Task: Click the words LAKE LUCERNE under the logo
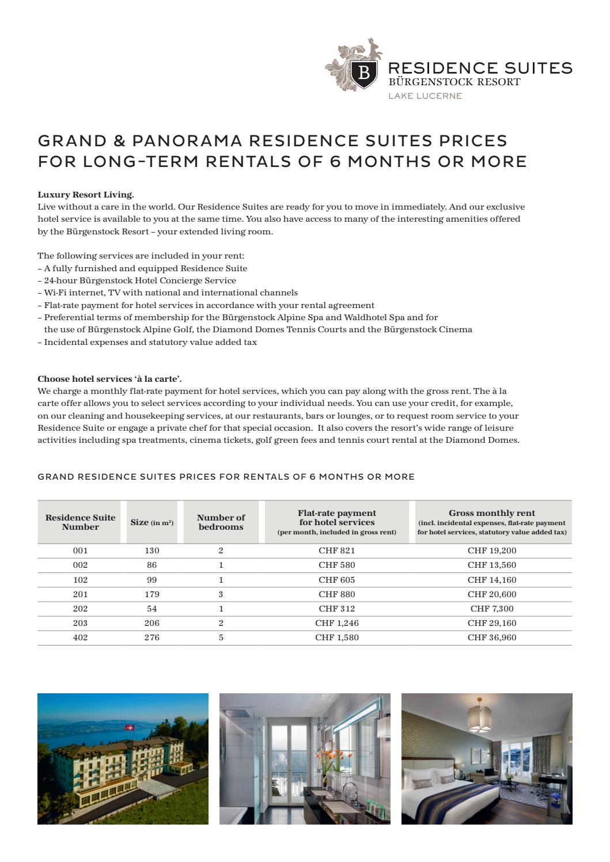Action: coord(425,96)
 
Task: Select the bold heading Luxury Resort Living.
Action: coord(85,195)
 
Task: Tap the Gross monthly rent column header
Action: coord(491,512)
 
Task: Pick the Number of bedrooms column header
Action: coord(221,522)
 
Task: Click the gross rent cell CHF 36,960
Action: coord(491,637)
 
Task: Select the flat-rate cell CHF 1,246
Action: coord(336,623)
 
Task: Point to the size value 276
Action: coord(151,637)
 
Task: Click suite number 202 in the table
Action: coord(80,609)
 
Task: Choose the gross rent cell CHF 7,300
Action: coord(491,609)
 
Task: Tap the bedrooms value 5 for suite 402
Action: coord(221,637)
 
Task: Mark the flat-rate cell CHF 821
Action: coord(336,550)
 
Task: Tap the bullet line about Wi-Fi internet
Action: coord(168,293)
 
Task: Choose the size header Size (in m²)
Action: coord(151,522)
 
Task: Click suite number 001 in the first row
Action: coord(80,550)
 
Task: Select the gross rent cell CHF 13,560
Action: coord(491,565)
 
